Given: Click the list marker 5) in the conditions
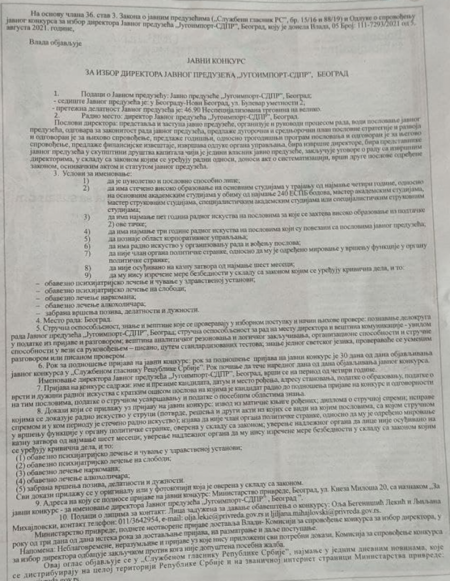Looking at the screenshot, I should [87, 238].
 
